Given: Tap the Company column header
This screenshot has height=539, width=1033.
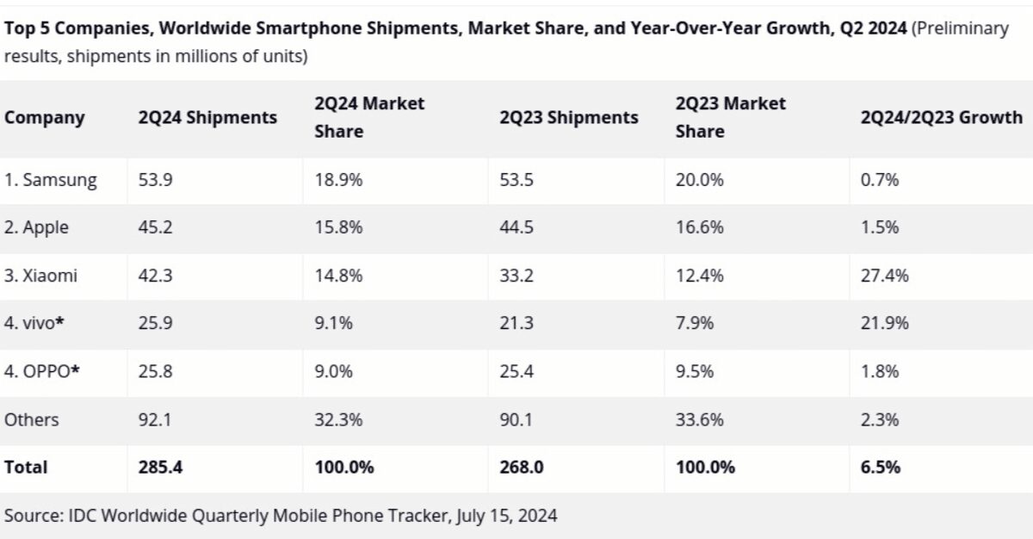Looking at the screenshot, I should pyautogui.click(x=45, y=118).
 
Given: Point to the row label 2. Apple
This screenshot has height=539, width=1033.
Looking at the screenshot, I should pyautogui.click(x=37, y=228).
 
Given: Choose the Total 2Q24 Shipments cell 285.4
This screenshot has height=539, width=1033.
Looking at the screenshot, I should pyautogui.click(x=159, y=468).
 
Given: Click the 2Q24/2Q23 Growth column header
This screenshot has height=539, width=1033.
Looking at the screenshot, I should pyautogui.click(x=942, y=118).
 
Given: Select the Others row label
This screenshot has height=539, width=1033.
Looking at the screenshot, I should pyautogui.click(x=32, y=420).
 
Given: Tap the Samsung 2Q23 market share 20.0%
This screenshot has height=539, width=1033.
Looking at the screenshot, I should pyautogui.click(x=700, y=181).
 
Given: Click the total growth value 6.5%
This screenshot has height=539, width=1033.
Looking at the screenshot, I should pyautogui.click(x=881, y=468).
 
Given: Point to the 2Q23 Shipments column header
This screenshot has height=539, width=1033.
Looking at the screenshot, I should pyautogui.click(x=569, y=118).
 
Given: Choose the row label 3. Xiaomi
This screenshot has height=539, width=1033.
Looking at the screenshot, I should pyautogui.click(x=41, y=276).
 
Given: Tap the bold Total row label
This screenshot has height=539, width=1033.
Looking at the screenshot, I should pyautogui.click(x=27, y=468).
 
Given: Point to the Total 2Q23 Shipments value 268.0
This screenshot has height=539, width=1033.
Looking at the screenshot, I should pyautogui.click(x=521, y=468).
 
